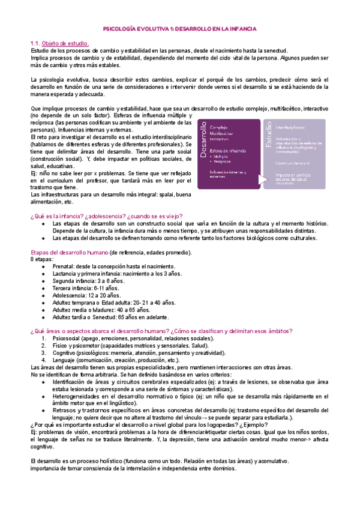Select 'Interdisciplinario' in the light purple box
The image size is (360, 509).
click(x=295, y=127)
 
